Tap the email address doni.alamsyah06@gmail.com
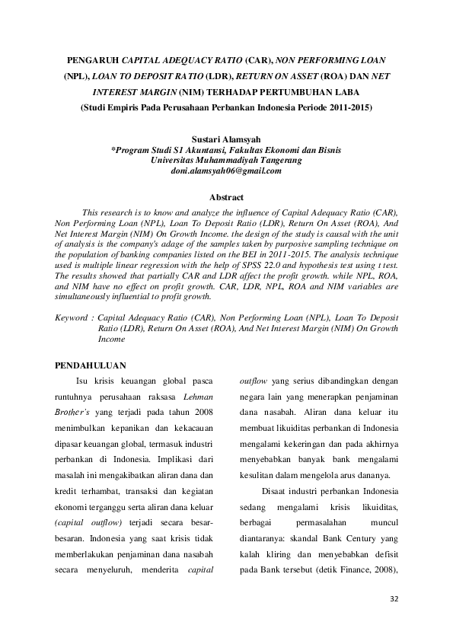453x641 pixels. pos(226,171)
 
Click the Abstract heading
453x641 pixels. pos(226,197)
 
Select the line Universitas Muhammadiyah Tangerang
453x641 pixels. pos(226,161)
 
